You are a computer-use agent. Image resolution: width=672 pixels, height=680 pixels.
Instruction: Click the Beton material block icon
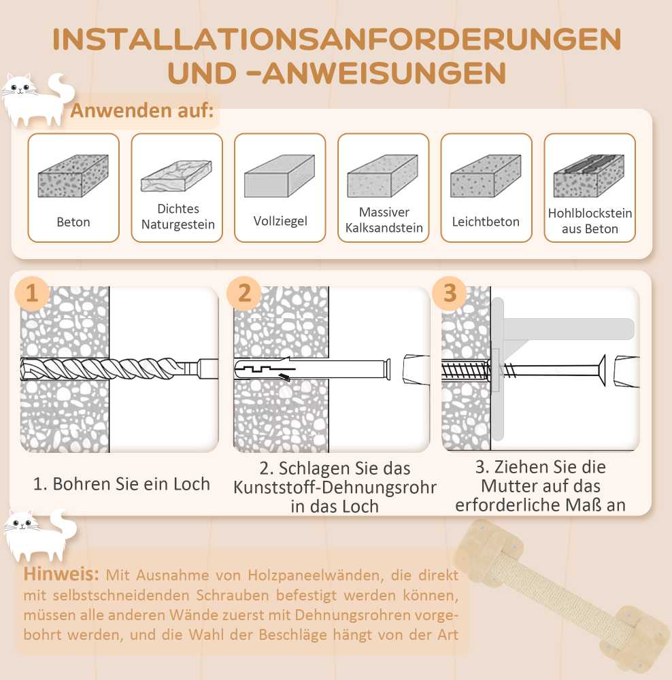[73, 175]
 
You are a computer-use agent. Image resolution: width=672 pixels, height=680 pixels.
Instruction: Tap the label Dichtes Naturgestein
[178, 216]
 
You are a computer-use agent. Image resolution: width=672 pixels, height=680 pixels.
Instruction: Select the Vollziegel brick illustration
[280, 175]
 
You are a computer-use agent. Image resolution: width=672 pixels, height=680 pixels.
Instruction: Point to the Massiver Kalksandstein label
[384, 220]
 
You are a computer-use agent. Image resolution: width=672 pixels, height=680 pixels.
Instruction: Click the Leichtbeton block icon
[486, 175]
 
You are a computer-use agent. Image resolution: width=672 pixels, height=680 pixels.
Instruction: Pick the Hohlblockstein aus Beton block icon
[589, 175]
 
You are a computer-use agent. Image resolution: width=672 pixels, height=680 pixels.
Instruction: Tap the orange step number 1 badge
[32, 293]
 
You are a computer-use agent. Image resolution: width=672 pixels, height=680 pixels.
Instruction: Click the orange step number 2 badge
[244, 293]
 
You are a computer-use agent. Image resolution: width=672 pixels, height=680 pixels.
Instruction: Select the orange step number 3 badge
[450, 293]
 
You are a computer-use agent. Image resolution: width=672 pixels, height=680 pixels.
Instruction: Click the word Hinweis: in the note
[61, 574]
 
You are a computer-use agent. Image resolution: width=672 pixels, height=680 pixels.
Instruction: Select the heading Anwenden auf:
[142, 110]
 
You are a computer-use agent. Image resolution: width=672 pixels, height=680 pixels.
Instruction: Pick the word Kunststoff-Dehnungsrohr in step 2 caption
[335, 487]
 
